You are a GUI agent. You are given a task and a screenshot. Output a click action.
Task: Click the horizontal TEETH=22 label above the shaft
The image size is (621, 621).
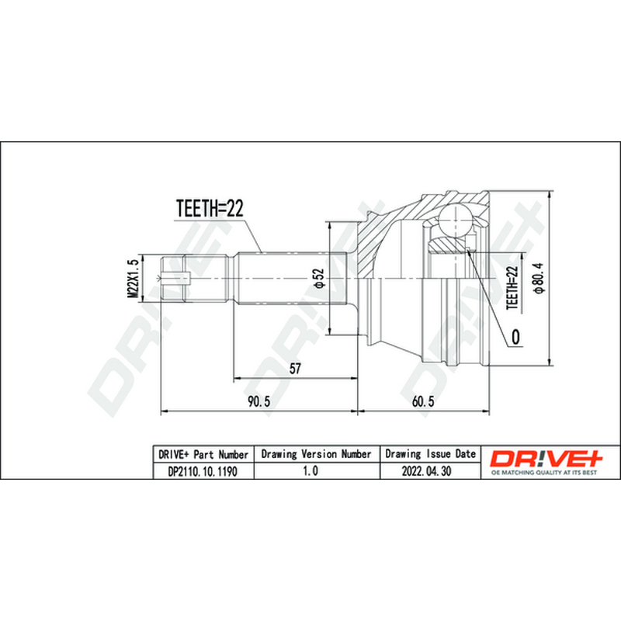pyautogui.click(x=209, y=208)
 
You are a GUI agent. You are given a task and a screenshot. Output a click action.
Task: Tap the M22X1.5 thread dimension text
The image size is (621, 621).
pyautogui.click(x=133, y=279)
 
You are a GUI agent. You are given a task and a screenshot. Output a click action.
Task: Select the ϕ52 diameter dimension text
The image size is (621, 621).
pyautogui.click(x=318, y=279)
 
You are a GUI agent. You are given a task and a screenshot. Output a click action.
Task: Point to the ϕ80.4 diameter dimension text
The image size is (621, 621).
pyautogui.click(x=539, y=278)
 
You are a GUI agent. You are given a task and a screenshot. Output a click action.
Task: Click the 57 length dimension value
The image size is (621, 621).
pyautogui.click(x=295, y=368)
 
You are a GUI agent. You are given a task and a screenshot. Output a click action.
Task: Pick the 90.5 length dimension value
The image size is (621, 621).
pyautogui.click(x=259, y=401)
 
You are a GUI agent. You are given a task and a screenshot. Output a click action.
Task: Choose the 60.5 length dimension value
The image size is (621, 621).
pyautogui.click(x=423, y=401)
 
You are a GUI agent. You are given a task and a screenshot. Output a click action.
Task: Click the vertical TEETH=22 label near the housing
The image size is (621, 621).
pyautogui.click(x=512, y=287)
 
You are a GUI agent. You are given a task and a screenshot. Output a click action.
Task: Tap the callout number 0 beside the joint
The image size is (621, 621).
pyautogui.click(x=515, y=337)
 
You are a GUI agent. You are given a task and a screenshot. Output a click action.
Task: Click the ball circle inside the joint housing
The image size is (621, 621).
pyautogui.click(x=456, y=220)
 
